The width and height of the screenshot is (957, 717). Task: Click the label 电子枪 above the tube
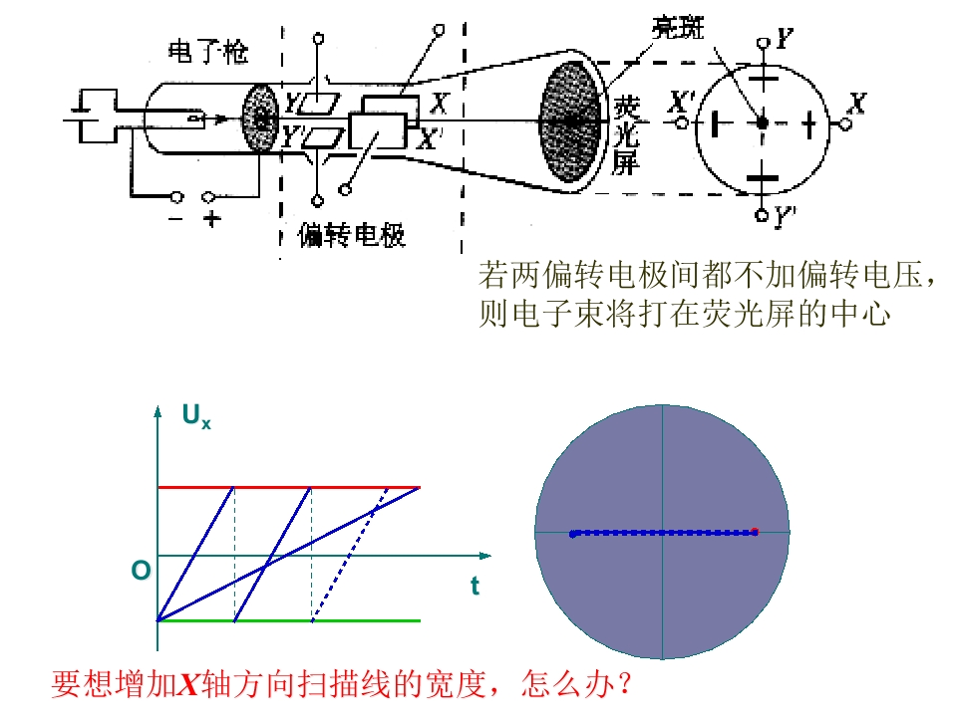pos(208,52)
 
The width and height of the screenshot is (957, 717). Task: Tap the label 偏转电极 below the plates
pos(352,235)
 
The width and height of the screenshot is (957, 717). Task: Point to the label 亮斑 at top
pos(678,28)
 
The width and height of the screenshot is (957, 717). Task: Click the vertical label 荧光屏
pos(626,135)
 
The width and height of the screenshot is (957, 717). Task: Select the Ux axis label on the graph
pos(196,416)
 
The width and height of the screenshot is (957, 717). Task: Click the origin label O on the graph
pos(141,571)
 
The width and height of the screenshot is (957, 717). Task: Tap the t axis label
pos(475,586)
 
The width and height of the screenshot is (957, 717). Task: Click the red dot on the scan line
pos(755,532)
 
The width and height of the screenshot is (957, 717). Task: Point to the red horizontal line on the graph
pos(289,488)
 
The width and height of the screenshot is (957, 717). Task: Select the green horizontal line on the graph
pos(289,620)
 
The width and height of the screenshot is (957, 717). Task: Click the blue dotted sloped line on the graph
pos(350,555)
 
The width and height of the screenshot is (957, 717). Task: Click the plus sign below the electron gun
pos(211,218)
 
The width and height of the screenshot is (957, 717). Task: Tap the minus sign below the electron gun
pos(175,218)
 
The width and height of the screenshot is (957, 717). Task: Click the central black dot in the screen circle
pos(762,122)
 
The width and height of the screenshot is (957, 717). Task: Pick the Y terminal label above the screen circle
pos(785,39)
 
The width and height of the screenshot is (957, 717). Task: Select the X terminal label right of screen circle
pos(857,103)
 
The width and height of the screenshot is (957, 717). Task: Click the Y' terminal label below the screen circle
pos(785,216)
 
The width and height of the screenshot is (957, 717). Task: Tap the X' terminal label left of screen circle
pos(680,102)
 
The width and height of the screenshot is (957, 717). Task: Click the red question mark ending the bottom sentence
pos(624,684)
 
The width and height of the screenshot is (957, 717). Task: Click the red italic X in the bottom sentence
pos(188,684)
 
